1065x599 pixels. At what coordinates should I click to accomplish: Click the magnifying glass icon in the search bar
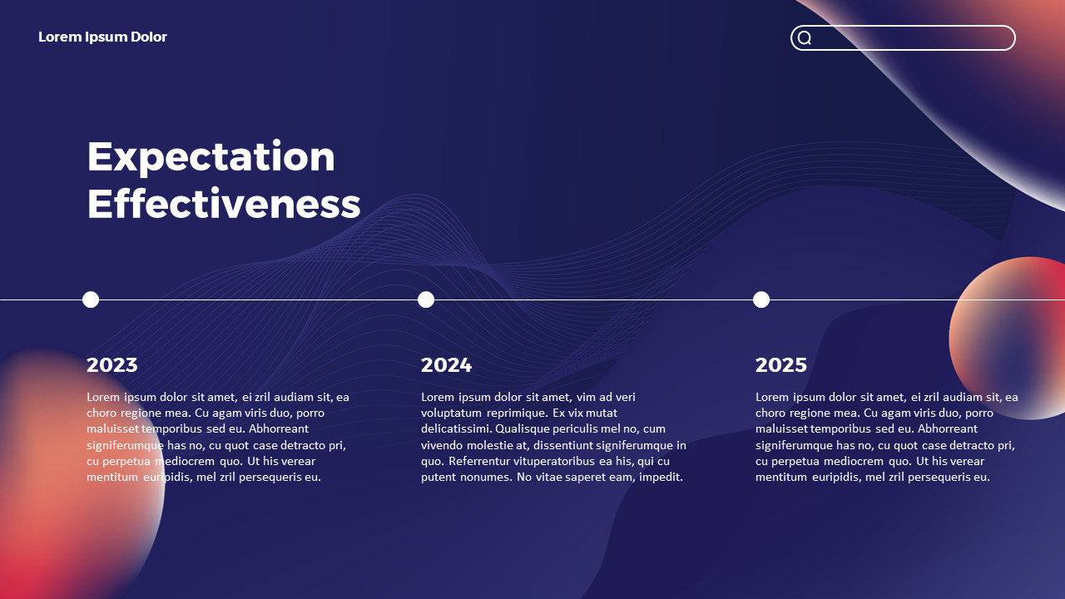tap(805, 37)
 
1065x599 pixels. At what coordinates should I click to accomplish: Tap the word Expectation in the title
tap(211, 157)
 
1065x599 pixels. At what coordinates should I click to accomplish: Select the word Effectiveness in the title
tap(224, 203)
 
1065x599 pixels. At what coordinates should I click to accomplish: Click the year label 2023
tap(112, 365)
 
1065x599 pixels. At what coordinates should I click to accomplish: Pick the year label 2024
tap(447, 365)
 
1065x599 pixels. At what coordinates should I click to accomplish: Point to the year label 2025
tap(781, 365)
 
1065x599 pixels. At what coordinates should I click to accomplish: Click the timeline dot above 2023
tap(91, 300)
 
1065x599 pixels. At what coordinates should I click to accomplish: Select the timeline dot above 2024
tap(426, 300)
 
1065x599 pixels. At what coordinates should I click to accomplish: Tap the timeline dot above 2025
tap(761, 300)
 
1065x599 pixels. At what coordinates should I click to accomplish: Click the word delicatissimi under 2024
tap(456, 428)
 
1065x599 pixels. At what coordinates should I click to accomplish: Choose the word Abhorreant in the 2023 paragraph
tap(279, 428)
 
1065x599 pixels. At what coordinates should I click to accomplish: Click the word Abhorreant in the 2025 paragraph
tap(948, 428)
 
